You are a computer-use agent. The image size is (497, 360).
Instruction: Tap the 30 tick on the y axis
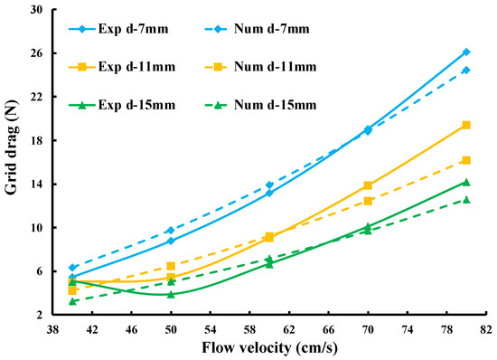[36, 10]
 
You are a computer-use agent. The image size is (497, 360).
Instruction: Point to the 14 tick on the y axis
[36, 185]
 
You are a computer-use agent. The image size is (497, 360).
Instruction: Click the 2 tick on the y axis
[40, 315]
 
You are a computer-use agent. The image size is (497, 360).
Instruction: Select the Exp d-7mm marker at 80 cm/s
[466, 52]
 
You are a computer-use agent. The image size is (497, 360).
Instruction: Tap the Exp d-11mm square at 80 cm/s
[466, 125]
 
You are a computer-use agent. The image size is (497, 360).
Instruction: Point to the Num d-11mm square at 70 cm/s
[368, 201]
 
